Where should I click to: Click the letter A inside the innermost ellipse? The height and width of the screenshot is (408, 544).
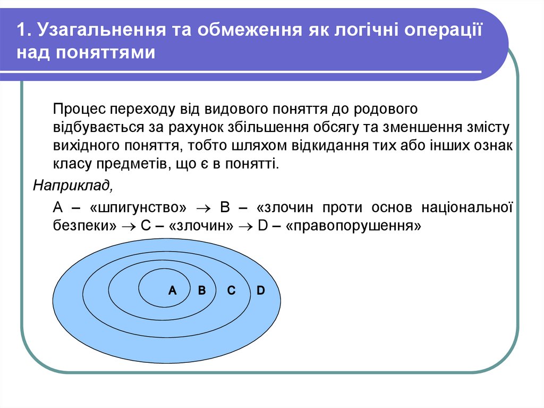(x=172, y=290)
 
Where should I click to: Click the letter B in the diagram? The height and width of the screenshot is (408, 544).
(x=201, y=290)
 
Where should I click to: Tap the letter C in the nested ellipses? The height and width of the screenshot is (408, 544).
(x=231, y=290)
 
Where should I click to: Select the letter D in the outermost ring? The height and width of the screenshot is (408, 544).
(x=260, y=290)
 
